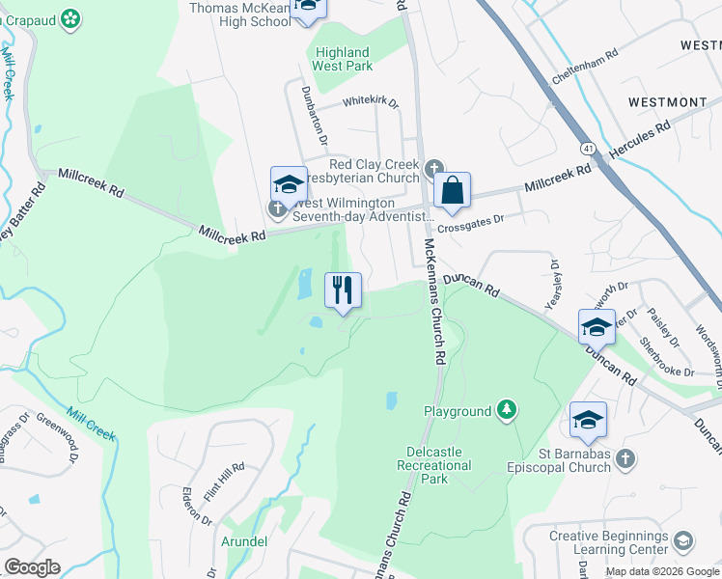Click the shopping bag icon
[452, 191]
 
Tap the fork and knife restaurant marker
[343, 289]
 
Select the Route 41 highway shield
[587, 149]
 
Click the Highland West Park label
[342, 59]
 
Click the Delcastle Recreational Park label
[434, 458]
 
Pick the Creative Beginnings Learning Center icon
[684, 539]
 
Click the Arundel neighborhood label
[244, 541]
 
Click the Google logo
[32, 567]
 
